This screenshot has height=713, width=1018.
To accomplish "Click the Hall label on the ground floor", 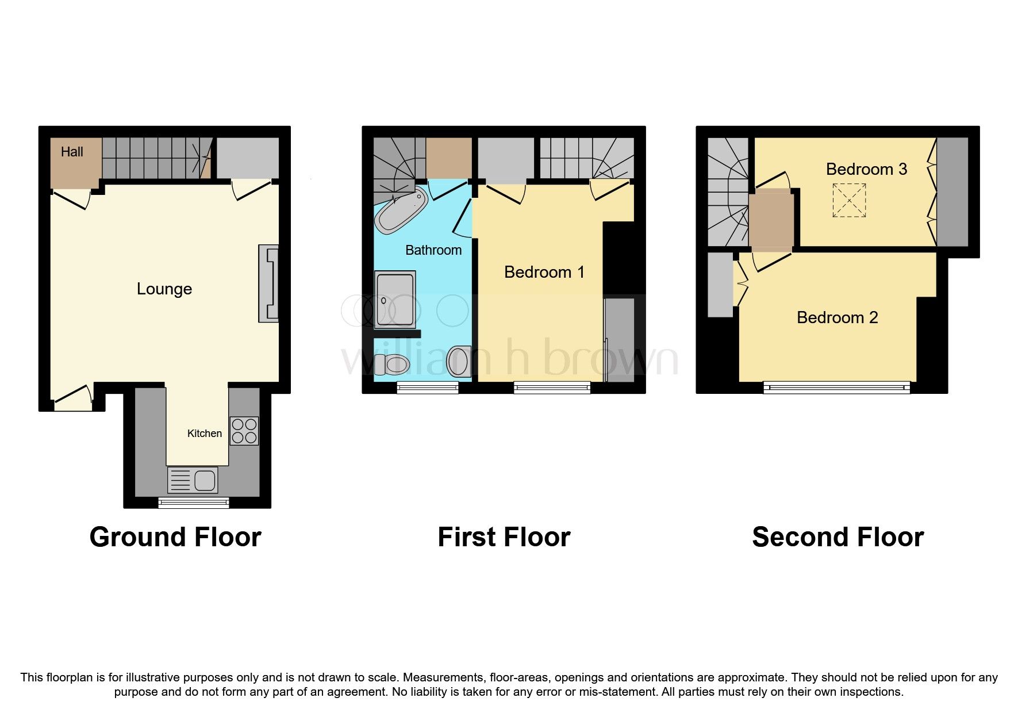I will (x=72, y=152).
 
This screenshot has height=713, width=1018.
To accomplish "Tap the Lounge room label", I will (x=164, y=289).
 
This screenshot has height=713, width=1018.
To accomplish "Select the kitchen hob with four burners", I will (x=244, y=431).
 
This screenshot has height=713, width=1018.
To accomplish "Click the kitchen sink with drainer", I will (x=193, y=480).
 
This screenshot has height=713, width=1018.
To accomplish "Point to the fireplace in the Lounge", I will (x=268, y=283).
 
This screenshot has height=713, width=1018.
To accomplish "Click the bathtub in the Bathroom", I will (x=401, y=210).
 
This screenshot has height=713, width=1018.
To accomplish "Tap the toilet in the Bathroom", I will (x=393, y=364).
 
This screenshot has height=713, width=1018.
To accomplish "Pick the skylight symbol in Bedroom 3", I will (x=849, y=200).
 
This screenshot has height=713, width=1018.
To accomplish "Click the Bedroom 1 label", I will (x=544, y=272).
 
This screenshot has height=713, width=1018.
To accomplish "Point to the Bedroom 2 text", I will (x=837, y=317).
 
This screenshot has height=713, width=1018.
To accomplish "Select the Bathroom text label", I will (x=433, y=250).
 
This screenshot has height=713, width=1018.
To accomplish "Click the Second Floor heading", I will (x=838, y=537).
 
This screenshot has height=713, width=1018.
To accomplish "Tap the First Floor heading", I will (x=504, y=537).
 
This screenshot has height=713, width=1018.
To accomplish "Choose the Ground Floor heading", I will (x=175, y=537).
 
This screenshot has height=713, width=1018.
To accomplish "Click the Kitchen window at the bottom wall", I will (x=194, y=503).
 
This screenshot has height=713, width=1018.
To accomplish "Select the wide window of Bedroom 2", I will (x=837, y=388).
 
